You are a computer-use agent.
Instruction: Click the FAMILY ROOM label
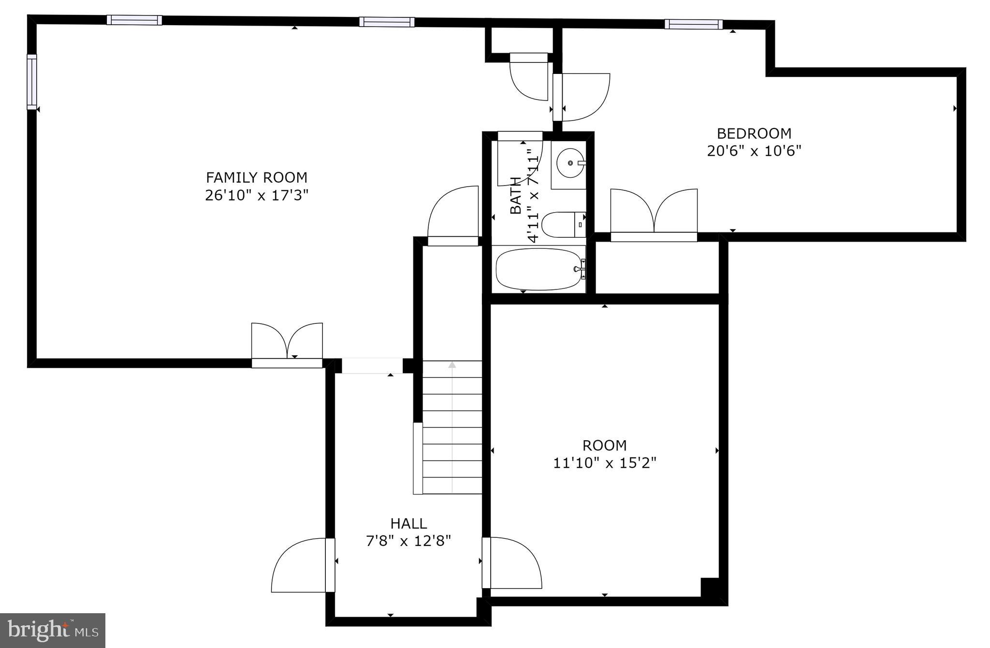[256, 178]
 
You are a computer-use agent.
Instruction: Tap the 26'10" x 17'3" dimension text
[256, 196]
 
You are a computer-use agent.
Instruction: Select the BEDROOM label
[754, 133]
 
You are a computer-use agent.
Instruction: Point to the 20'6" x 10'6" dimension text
[754, 151]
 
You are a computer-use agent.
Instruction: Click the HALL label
[408, 523]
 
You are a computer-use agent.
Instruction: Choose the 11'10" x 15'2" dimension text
[604, 463]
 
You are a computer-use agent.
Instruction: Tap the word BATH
[516, 195]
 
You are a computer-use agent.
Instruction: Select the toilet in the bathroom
[561, 225]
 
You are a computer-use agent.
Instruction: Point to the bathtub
[539, 269]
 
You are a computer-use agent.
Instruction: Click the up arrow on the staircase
[452, 365]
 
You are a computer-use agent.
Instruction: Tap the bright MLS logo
[52, 630]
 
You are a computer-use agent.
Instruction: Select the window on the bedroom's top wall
[693, 24]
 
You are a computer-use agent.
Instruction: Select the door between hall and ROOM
[512, 563]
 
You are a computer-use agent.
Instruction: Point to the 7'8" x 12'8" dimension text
[408, 541]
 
